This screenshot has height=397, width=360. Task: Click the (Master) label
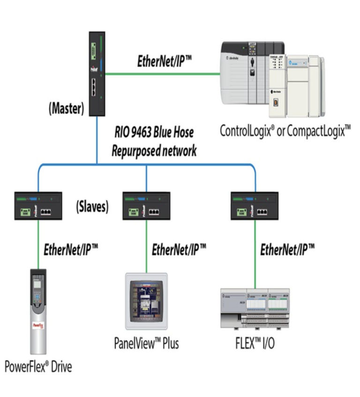pos(66,110)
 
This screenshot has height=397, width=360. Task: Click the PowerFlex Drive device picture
pos(38,311)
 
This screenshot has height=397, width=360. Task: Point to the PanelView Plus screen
pos(147,300)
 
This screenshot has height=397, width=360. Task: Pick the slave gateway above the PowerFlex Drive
pos(38,206)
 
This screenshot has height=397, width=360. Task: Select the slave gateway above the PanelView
pos(146,206)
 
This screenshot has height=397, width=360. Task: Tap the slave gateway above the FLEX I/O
pos(255,206)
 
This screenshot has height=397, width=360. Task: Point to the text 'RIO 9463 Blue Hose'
pos(154,132)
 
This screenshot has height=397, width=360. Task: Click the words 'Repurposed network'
pos(156,150)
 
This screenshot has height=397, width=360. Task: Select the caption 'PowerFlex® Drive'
pos(38,366)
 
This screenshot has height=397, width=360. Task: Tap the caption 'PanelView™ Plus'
pos(146,343)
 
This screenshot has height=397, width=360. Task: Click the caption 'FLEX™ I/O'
pos(255,343)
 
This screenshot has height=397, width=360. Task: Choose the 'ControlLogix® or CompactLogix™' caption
pos(285,130)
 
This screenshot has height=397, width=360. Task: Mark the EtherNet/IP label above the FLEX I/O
pos(287,248)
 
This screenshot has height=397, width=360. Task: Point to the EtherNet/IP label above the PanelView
pos(179,248)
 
